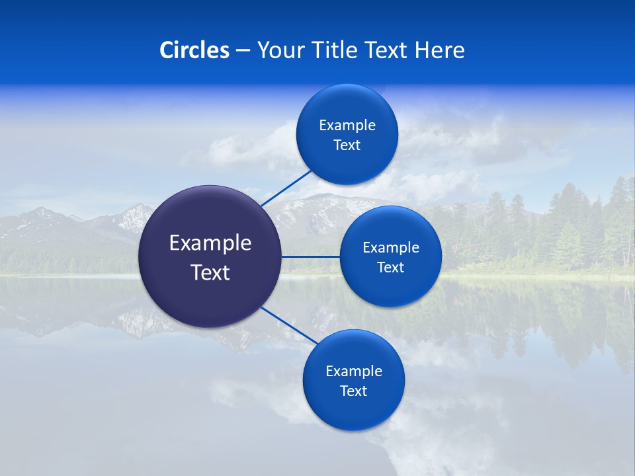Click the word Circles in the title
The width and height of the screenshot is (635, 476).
click(x=194, y=50)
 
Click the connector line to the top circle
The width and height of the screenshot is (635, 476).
click(x=286, y=188)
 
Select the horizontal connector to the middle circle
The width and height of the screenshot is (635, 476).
click(x=310, y=257)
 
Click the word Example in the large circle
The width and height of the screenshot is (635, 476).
click(x=210, y=243)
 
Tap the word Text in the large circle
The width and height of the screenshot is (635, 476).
click(x=210, y=272)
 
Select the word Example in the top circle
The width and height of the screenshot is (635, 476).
click(x=347, y=125)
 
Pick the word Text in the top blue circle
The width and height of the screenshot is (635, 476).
click(x=347, y=145)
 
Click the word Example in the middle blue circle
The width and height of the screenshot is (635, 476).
click(x=391, y=247)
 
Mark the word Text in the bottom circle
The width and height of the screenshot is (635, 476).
click(x=354, y=391)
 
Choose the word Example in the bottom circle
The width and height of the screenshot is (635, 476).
click(x=354, y=371)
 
